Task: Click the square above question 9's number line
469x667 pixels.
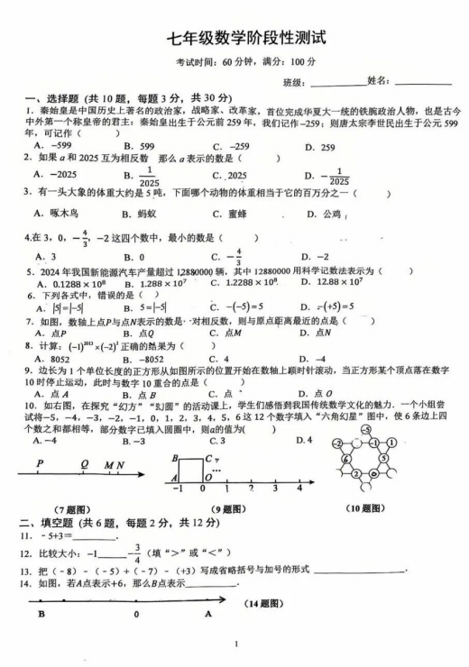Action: click(x=190, y=471)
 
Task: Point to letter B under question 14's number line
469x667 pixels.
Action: click(x=41, y=614)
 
